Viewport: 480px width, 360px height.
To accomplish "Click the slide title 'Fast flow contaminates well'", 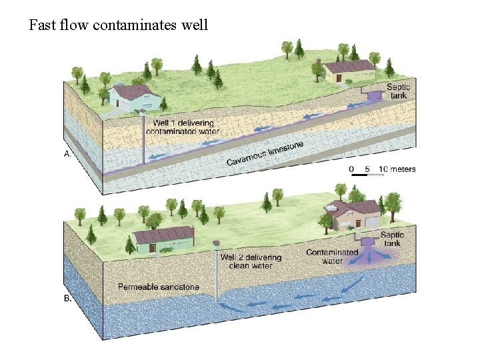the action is point(119,25).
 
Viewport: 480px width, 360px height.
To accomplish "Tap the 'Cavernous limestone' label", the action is point(265,153).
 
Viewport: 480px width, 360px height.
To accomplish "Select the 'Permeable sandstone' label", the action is point(159,287).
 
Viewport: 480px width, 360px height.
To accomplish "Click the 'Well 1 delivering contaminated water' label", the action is point(186,127).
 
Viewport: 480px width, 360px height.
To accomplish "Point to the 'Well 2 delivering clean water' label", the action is point(251,261).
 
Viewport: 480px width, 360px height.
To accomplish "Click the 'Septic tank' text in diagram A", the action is point(399,91).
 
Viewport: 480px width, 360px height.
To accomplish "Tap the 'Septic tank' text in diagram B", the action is point(391,239).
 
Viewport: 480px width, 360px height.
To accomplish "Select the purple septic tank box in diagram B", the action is point(365,237).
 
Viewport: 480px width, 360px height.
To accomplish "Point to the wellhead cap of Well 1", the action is point(142,113).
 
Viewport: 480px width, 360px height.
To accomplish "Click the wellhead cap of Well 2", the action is point(216,244).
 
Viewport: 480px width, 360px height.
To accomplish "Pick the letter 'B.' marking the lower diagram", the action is point(67,299).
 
